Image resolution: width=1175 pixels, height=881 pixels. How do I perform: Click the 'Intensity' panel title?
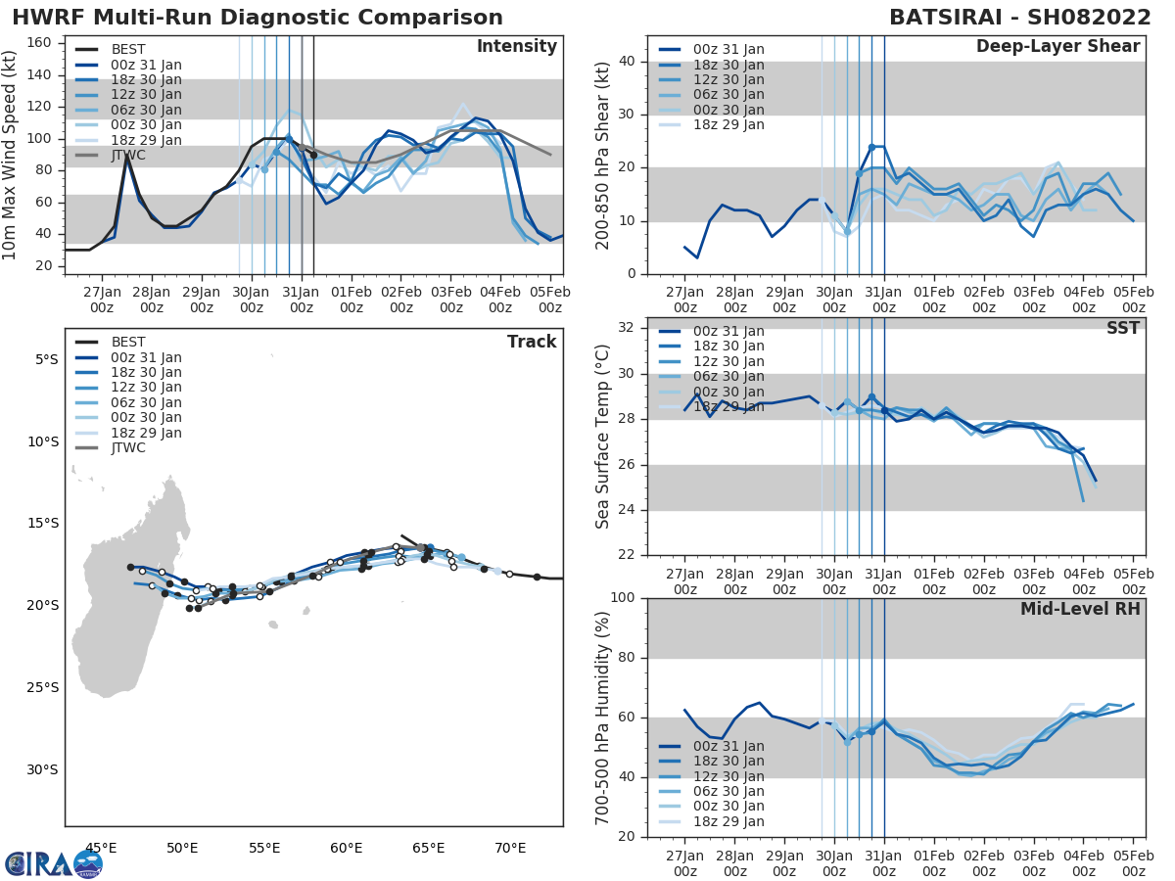point(516,47)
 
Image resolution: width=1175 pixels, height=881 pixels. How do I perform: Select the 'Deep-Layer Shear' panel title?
point(1057,47)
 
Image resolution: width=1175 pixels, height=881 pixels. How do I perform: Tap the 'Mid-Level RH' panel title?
point(1080,609)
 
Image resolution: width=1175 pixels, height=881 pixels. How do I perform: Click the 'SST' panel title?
point(1122,328)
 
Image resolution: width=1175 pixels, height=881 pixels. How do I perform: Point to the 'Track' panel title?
point(532,342)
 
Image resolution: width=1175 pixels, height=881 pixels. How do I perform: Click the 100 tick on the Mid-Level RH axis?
point(623,597)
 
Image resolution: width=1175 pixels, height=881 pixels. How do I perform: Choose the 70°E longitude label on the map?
point(510,847)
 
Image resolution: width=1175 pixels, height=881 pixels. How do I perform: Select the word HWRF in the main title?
point(43,18)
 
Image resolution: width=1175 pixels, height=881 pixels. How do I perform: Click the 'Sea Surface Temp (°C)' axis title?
point(603,437)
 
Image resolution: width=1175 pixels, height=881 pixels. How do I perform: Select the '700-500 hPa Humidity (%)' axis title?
point(603,718)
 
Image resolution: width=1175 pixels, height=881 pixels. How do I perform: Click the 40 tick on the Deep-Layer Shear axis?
point(628,62)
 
